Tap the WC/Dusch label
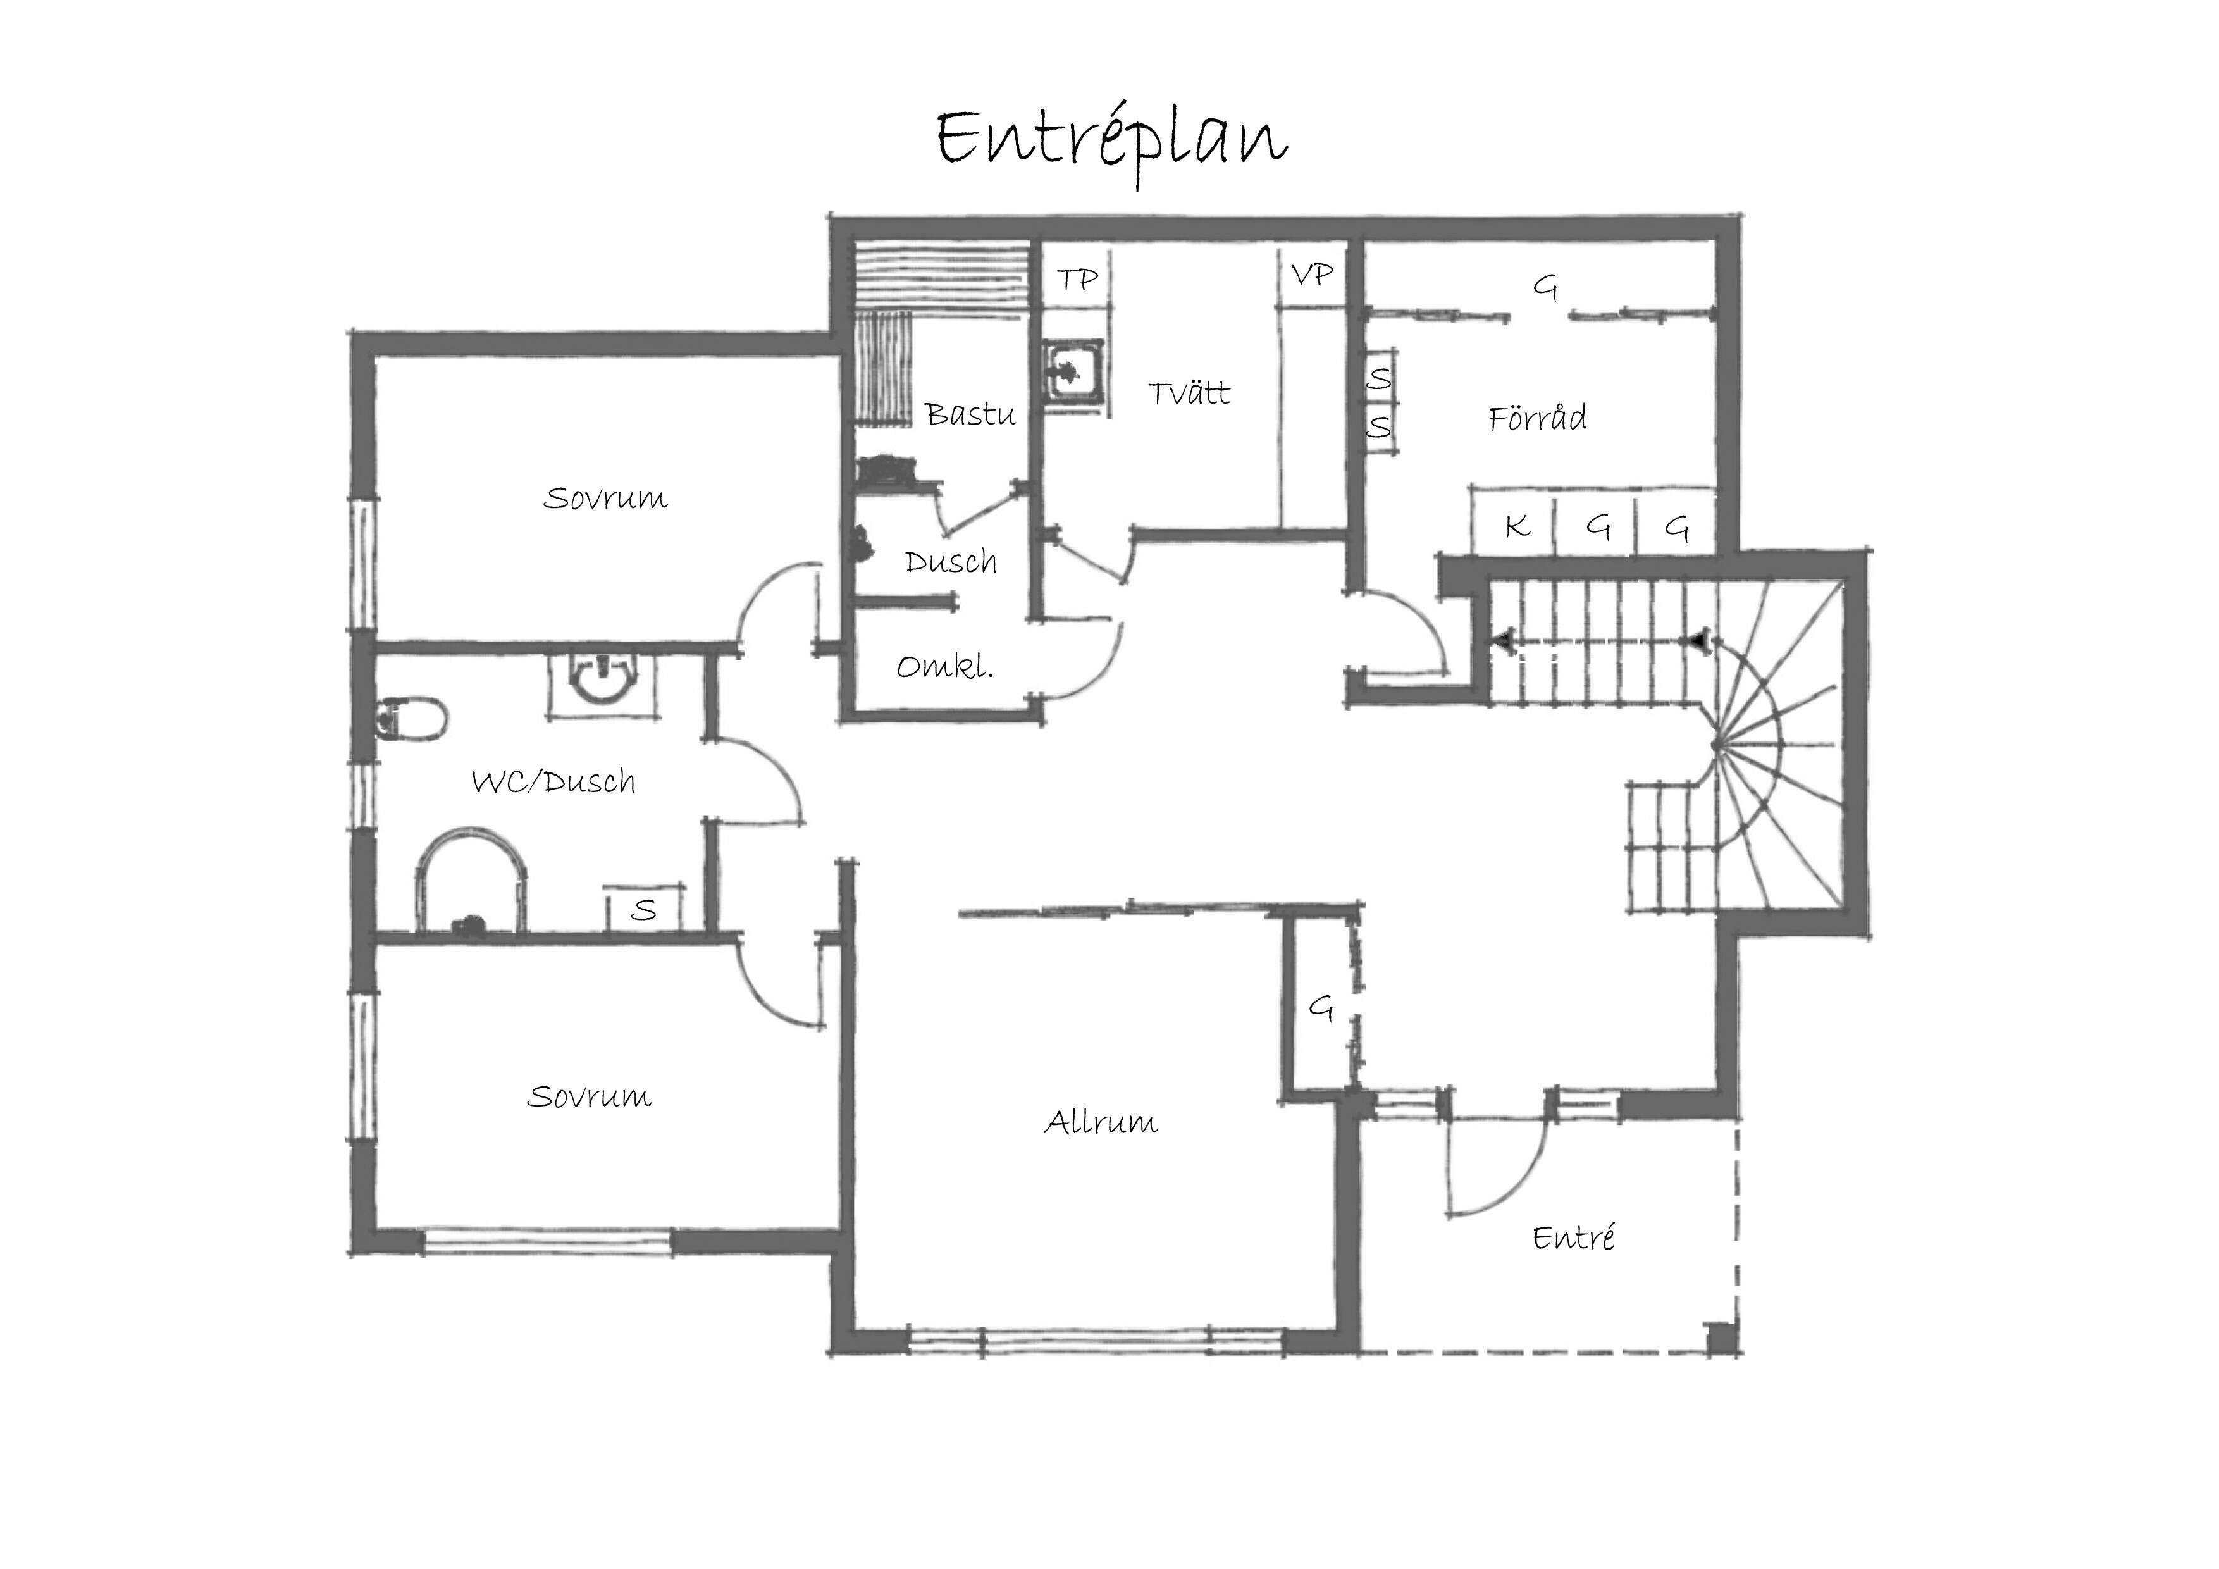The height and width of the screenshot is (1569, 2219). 553,781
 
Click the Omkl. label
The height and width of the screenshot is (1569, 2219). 945,666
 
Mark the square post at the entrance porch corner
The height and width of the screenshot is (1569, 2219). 1721,1337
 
